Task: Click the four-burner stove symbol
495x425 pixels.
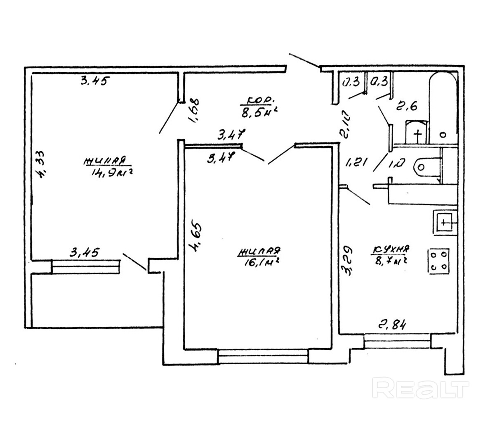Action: point(439,261)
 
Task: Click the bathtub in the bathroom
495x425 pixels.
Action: point(443,107)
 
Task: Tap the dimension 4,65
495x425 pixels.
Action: point(194,237)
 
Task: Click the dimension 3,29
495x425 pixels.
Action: point(348,260)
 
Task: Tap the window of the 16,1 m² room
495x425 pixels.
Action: point(263,356)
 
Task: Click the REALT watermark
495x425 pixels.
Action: point(421,388)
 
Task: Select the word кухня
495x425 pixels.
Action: point(391,249)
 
